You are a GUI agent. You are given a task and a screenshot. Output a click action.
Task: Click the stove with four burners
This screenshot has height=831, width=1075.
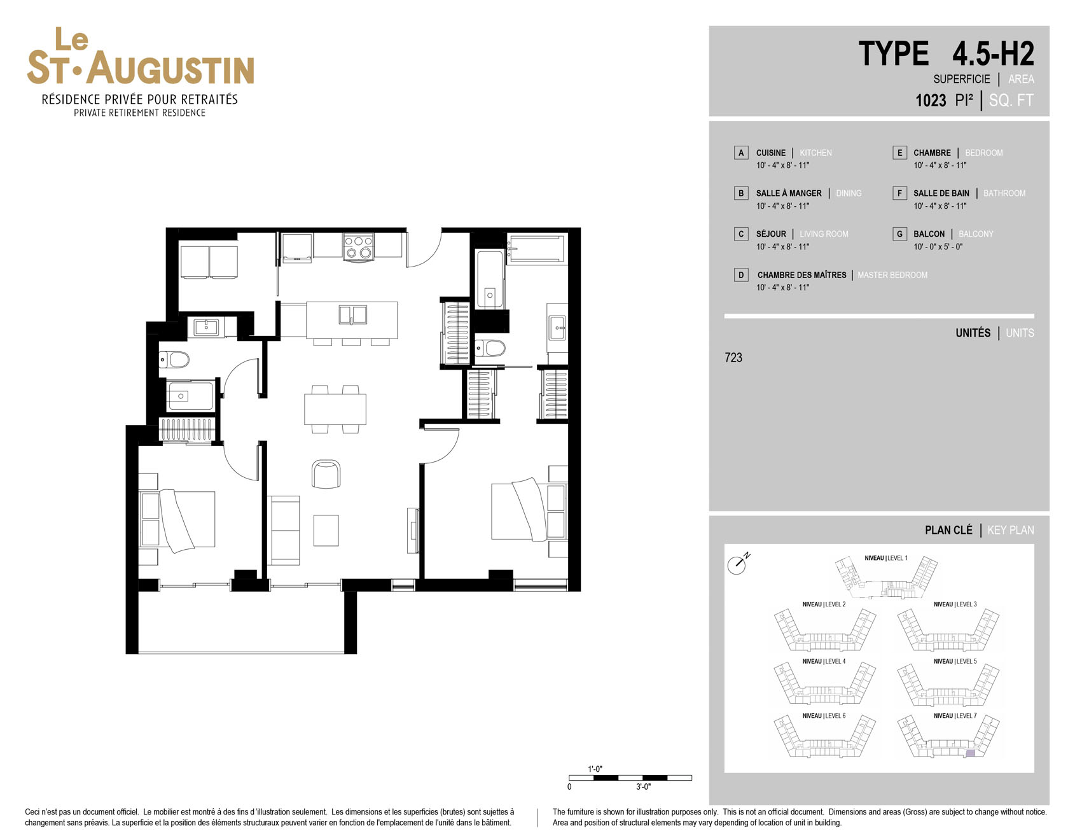[358, 247]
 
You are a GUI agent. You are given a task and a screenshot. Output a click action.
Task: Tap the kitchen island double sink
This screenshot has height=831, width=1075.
[352, 314]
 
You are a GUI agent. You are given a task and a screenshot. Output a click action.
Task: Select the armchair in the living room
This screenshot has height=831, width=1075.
[326, 473]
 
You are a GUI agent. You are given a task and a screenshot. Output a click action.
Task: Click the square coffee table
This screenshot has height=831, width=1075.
[326, 530]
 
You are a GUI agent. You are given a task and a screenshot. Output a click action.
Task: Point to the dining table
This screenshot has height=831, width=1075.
[335, 409]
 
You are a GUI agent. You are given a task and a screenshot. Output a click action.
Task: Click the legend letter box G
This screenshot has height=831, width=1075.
[899, 234]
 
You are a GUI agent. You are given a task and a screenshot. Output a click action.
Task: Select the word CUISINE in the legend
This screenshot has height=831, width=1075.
[771, 153]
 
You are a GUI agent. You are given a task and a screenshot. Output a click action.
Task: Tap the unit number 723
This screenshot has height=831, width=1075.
[733, 358]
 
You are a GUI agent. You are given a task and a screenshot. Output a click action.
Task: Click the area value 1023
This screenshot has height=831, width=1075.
[931, 101]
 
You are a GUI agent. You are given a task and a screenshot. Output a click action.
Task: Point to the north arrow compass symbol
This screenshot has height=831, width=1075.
[738, 564]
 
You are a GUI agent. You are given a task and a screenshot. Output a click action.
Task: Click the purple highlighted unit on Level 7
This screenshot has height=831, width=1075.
[970, 753]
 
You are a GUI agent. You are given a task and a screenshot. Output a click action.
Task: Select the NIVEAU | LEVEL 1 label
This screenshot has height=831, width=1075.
[886, 558]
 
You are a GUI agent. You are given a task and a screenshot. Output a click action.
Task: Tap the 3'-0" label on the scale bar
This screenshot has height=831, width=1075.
[643, 787]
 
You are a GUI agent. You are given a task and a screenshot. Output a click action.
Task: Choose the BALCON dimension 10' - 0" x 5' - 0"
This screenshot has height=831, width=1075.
[938, 247]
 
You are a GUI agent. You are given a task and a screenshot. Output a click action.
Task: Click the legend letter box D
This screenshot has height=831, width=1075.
[741, 275]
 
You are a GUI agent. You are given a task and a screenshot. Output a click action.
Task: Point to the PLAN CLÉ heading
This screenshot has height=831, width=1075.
[948, 530]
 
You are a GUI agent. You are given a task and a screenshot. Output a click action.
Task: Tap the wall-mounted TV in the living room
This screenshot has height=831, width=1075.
[413, 531]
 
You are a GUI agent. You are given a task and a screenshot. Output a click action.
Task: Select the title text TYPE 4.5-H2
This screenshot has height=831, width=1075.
[946, 53]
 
